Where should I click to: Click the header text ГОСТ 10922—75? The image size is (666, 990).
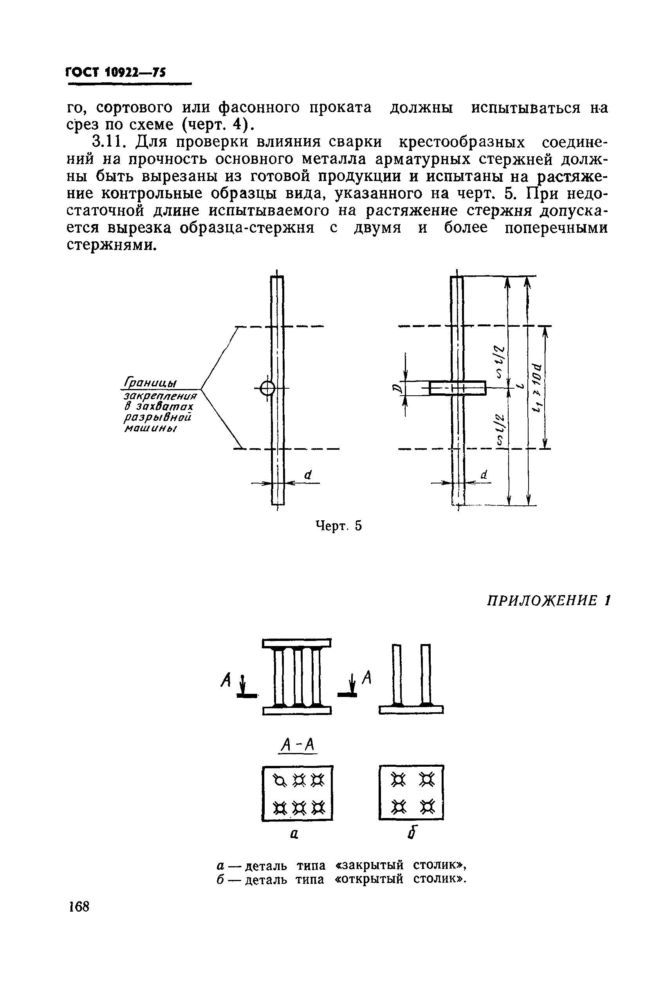(116, 72)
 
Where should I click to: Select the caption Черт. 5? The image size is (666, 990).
(339, 526)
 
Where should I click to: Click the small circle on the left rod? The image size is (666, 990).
(267, 388)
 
